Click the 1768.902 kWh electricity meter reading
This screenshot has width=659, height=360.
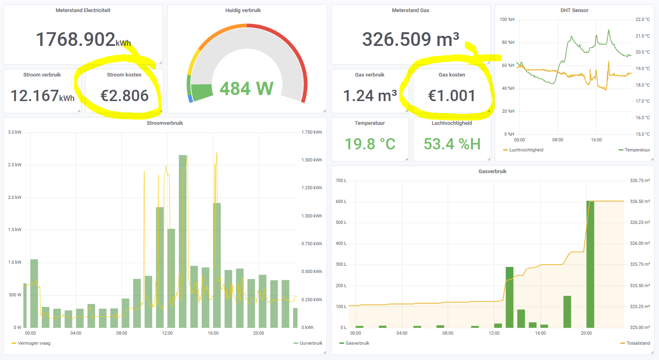[83, 39]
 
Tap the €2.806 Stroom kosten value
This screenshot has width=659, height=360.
[124, 96]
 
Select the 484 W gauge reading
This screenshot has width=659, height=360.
[246, 89]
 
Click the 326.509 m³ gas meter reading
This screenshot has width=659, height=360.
[411, 39]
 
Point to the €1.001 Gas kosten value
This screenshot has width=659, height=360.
[452, 96]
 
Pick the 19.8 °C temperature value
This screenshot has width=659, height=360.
[370, 144]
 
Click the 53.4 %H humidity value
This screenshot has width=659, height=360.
[452, 144]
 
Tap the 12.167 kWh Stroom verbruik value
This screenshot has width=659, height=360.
[42, 96]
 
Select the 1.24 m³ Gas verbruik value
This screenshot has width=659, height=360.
[370, 96]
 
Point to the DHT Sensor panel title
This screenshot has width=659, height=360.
[574, 10]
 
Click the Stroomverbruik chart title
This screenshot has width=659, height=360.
[165, 123]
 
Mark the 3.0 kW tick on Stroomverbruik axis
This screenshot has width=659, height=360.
[14, 132]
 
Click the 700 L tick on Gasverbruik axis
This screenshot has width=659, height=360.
[341, 181]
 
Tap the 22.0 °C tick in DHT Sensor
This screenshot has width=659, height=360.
[642, 20]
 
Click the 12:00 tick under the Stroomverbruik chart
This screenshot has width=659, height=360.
[167, 333]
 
